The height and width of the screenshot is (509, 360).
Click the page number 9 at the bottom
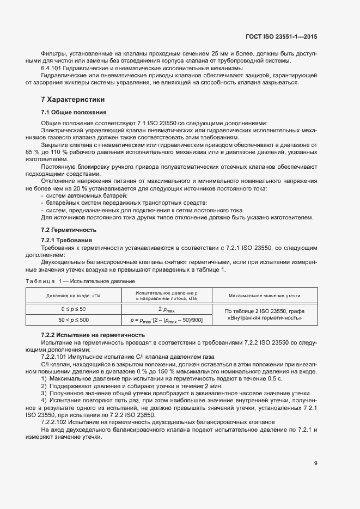316,463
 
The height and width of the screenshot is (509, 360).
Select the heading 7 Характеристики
73,100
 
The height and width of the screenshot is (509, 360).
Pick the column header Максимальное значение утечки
265,295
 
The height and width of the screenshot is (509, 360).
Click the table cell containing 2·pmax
167,309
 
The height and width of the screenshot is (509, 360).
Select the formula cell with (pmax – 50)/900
167,320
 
